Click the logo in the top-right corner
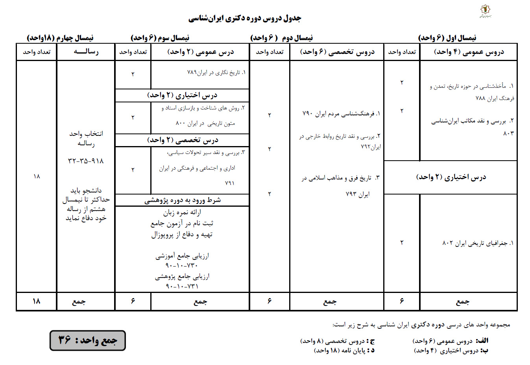484,11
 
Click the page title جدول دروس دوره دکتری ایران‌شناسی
244,18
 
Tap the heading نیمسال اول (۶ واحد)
447,38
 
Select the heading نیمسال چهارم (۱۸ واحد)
60,38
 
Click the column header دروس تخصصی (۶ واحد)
337,52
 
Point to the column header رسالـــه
86,52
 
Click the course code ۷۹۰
307,114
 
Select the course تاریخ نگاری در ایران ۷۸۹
216,73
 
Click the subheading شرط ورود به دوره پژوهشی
182,200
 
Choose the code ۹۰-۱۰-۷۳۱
182,286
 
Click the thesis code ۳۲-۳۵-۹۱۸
86,161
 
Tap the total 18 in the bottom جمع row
36,301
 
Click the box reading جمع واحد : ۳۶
87,340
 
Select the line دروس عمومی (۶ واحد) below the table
450,341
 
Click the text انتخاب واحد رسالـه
86,138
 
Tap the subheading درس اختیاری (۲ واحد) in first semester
451,177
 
